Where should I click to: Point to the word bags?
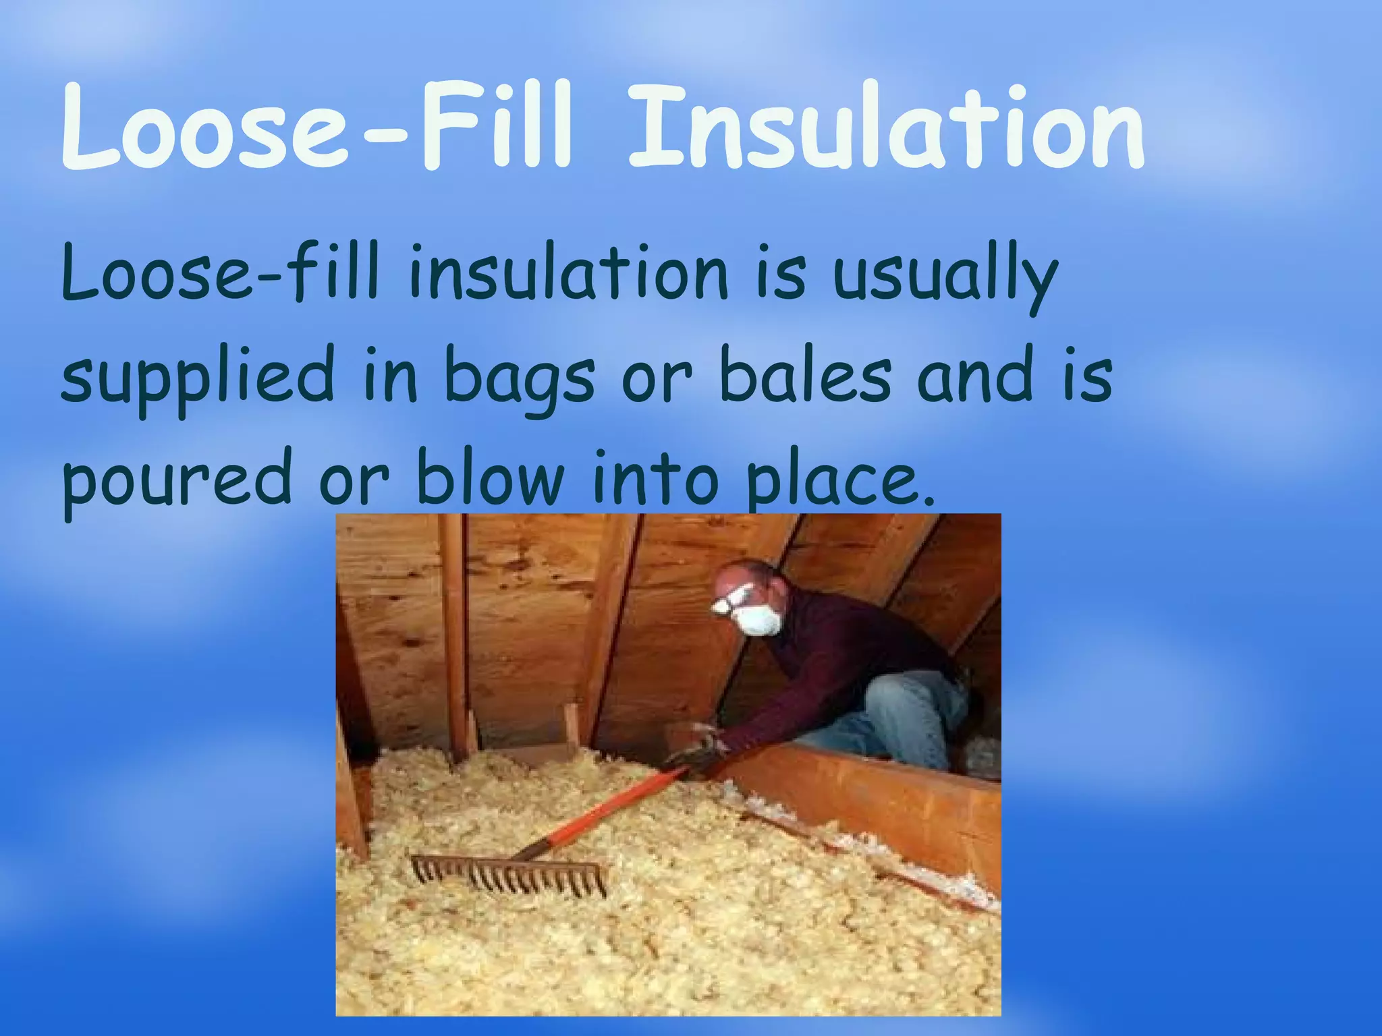520,378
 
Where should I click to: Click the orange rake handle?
607,809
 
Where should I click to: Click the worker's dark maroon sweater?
850,647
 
